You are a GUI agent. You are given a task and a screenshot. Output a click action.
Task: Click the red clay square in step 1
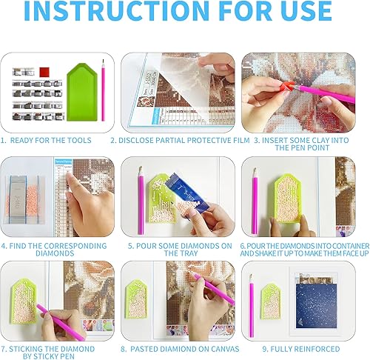click(44, 72)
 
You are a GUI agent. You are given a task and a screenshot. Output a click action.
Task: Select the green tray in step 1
click(82, 92)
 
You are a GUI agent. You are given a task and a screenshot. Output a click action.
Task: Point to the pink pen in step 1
click(103, 90)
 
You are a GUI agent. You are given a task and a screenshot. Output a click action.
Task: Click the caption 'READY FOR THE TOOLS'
click(50, 140)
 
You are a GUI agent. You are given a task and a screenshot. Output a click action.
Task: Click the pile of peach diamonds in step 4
click(32, 200)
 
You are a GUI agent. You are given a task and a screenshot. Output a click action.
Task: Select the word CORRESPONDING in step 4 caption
click(75, 246)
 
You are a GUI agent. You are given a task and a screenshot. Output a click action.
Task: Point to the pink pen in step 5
click(141, 200)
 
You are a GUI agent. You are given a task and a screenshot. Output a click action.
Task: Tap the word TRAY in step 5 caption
click(189, 253)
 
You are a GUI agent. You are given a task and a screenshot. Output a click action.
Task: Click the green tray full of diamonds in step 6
click(288, 199)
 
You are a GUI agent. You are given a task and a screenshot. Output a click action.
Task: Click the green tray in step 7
click(24, 301)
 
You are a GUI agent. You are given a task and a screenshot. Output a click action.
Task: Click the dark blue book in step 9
click(316, 305)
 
